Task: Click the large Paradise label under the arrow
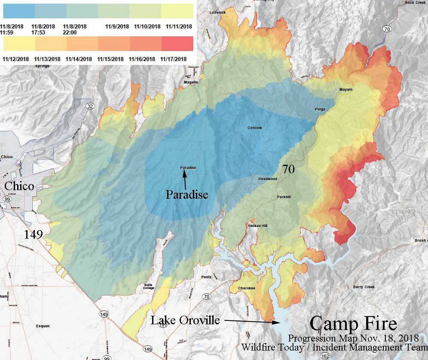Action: pos(187,194)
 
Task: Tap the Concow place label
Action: pos(254,128)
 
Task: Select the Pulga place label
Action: pos(320,109)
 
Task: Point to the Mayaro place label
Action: pos(345,89)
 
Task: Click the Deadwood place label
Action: pos(267,178)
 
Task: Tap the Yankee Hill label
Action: pos(257,226)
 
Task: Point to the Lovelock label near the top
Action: pos(217,12)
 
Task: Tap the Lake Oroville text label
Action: pos(185,320)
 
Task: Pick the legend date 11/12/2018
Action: pos(15,59)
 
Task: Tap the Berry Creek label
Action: pos(364,287)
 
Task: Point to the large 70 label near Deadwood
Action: pos(288,169)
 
